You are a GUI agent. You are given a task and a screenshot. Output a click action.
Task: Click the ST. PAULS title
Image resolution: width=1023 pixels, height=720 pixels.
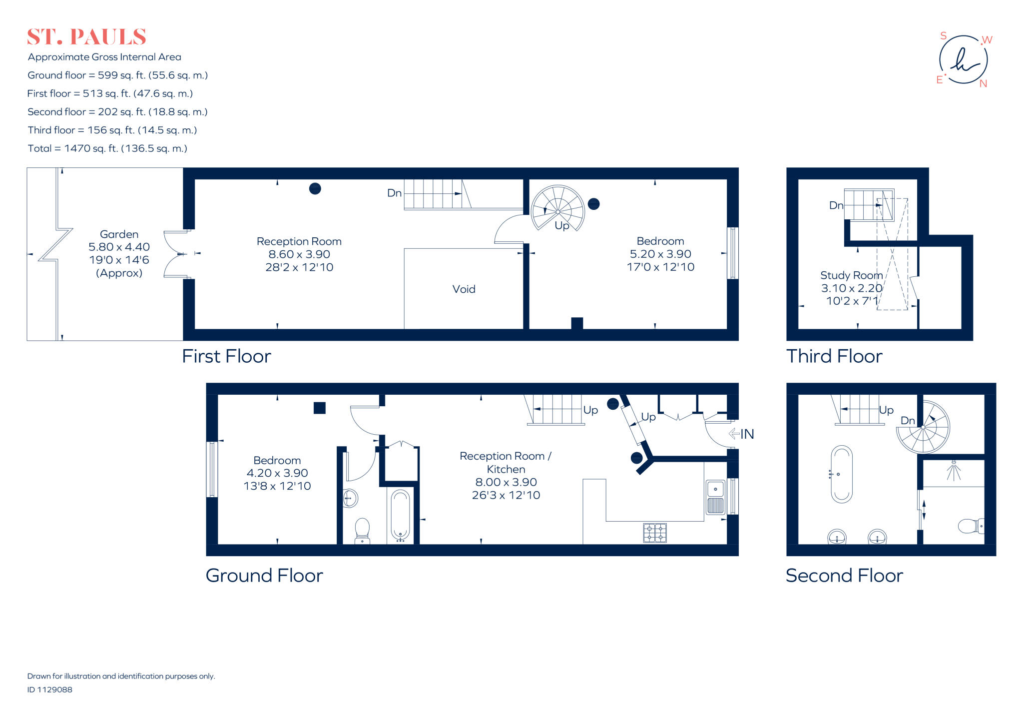coord(86,37)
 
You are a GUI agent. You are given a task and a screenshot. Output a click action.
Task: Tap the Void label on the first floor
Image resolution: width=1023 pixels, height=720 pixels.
coord(464,289)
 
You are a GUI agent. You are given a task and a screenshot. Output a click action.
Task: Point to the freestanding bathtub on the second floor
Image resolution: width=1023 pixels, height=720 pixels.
coord(842,474)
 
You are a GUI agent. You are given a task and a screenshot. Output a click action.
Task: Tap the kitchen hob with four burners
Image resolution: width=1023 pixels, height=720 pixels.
coord(654,533)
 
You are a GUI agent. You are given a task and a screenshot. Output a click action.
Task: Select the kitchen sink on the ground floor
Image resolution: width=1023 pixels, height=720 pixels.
coord(715,497)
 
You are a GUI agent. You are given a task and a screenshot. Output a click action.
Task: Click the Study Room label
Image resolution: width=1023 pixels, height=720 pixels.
coord(851,275)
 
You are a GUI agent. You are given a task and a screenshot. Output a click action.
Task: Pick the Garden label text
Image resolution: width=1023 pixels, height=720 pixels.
coord(119,234)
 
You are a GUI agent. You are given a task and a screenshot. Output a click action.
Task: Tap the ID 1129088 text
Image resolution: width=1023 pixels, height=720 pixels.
coord(49,690)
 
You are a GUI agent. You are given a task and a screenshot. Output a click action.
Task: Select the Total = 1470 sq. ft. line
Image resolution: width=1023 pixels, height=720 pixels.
coord(107,148)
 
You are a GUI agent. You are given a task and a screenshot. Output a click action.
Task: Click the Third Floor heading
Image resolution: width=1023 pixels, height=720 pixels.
coord(834,356)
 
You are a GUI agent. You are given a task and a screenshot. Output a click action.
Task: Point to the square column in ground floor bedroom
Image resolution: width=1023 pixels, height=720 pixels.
coord(320,408)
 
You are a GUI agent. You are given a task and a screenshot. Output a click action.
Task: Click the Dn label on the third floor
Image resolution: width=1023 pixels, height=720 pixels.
coord(836,205)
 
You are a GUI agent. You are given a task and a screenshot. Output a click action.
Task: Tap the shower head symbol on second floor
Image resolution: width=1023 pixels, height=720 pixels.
coord(954,470)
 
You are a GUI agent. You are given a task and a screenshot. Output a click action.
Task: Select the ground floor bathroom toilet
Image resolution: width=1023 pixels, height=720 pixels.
coord(362,530)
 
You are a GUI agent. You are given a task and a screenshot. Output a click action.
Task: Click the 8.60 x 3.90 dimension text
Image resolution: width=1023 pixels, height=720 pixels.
coord(299,254)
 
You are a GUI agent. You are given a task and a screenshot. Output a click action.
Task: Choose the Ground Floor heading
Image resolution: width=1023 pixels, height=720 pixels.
coord(264,576)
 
